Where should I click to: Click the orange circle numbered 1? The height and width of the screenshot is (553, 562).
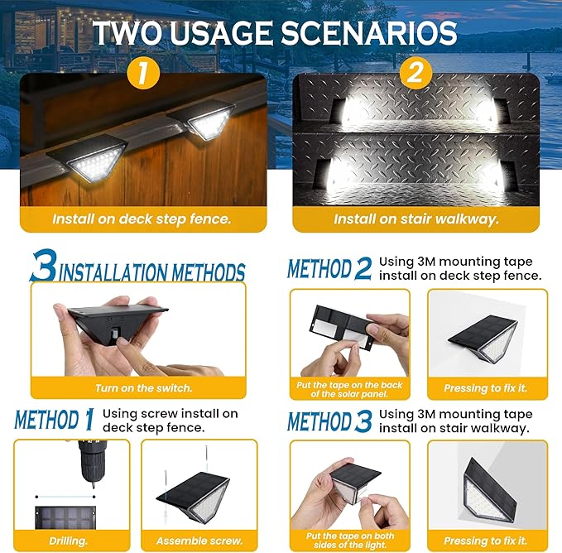coord(143,74)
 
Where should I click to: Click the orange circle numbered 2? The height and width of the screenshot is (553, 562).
coord(416,73)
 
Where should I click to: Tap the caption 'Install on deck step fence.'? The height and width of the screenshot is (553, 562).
coord(142,219)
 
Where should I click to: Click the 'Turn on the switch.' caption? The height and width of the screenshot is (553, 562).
coord(138,388)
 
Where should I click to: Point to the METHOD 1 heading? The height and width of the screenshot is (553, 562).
coord(54,419)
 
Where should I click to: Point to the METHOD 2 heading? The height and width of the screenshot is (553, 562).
coord(329,269)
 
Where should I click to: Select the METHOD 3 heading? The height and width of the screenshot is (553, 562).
coord(329,421)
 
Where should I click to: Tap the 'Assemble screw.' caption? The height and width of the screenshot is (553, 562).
coord(200,540)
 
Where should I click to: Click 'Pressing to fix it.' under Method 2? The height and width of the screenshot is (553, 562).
coord(488,388)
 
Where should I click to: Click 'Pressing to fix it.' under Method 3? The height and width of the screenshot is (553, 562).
coord(488,540)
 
